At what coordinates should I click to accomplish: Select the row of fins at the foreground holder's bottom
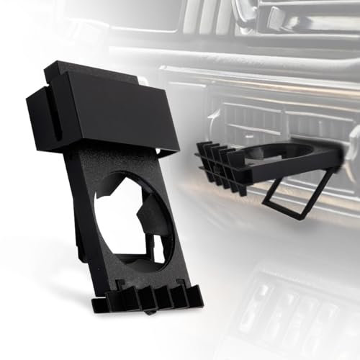click(x=148, y=296)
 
